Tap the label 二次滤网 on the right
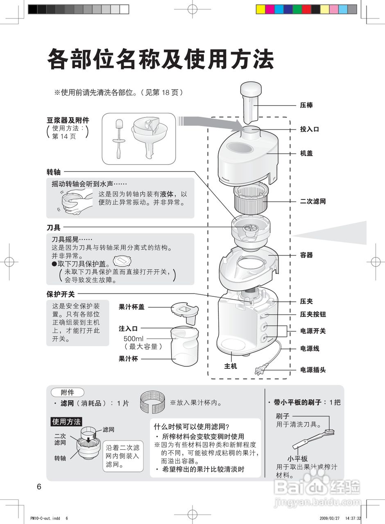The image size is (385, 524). (x=313, y=201)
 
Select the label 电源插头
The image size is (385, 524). (x=313, y=370)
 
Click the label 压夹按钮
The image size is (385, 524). (x=313, y=314)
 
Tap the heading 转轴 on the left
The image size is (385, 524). (x=54, y=172)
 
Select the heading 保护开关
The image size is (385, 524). (x=61, y=294)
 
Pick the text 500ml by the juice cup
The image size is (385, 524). (x=134, y=339)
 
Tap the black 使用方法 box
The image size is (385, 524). (x=66, y=422)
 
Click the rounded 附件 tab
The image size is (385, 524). (x=67, y=392)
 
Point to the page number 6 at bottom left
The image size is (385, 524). (x=39, y=487)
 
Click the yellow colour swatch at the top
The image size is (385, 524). (x=260, y=9)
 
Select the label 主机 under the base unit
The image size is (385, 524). (x=231, y=366)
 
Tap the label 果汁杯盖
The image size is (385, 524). (x=131, y=307)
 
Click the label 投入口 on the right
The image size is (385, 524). (x=310, y=129)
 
